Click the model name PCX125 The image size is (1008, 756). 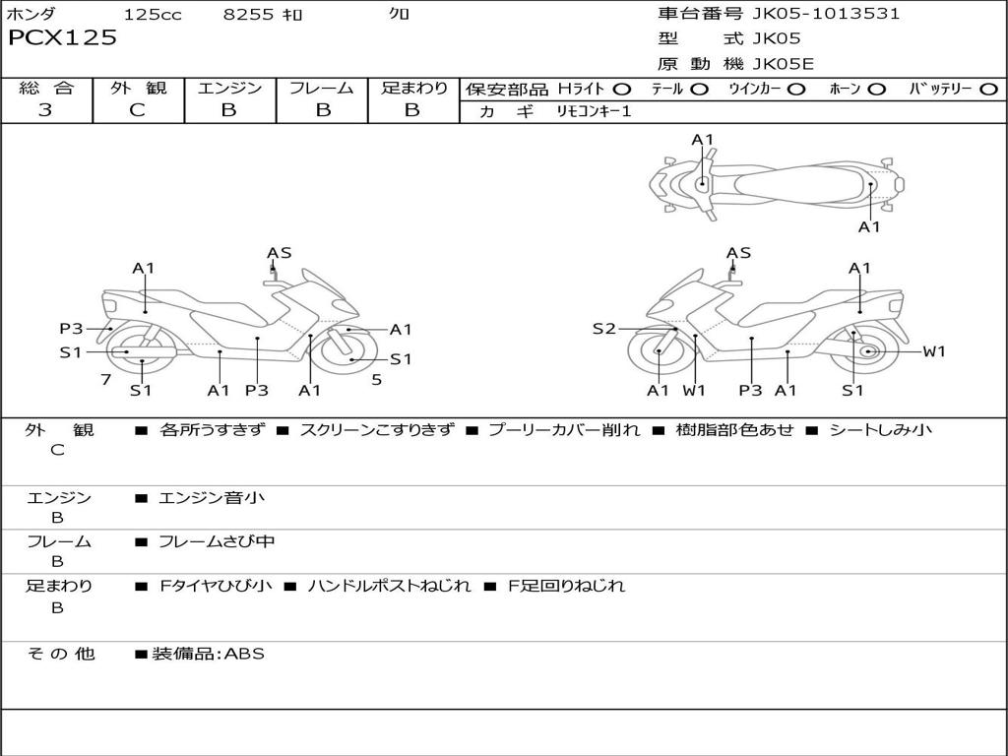[x=63, y=38]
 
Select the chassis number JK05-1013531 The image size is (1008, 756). [x=826, y=14]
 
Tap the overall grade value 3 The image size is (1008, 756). [x=45, y=110]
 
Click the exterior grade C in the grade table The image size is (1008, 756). [x=137, y=110]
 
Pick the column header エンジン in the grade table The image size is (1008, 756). [x=229, y=88]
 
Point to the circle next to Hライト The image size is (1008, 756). [x=621, y=90]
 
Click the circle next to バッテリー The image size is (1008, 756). [x=989, y=90]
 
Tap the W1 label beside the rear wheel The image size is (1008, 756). [x=933, y=351]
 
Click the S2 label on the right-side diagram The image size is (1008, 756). [x=604, y=329]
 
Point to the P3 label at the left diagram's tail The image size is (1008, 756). [x=71, y=329]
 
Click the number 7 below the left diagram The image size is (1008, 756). [x=105, y=379]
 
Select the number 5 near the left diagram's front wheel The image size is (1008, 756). [x=377, y=379]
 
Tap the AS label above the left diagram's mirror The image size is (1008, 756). [x=280, y=253]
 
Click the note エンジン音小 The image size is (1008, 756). [x=212, y=498]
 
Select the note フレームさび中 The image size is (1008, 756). [x=217, y=541]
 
